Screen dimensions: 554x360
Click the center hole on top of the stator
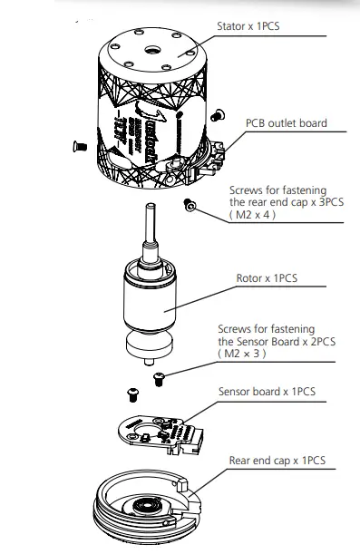click(x=150, y=44)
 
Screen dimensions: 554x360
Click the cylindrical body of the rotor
click(x=149, y=303)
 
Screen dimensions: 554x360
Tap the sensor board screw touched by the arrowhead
click(x=160, y=376)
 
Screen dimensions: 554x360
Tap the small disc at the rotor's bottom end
click(x=149, y=348)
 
